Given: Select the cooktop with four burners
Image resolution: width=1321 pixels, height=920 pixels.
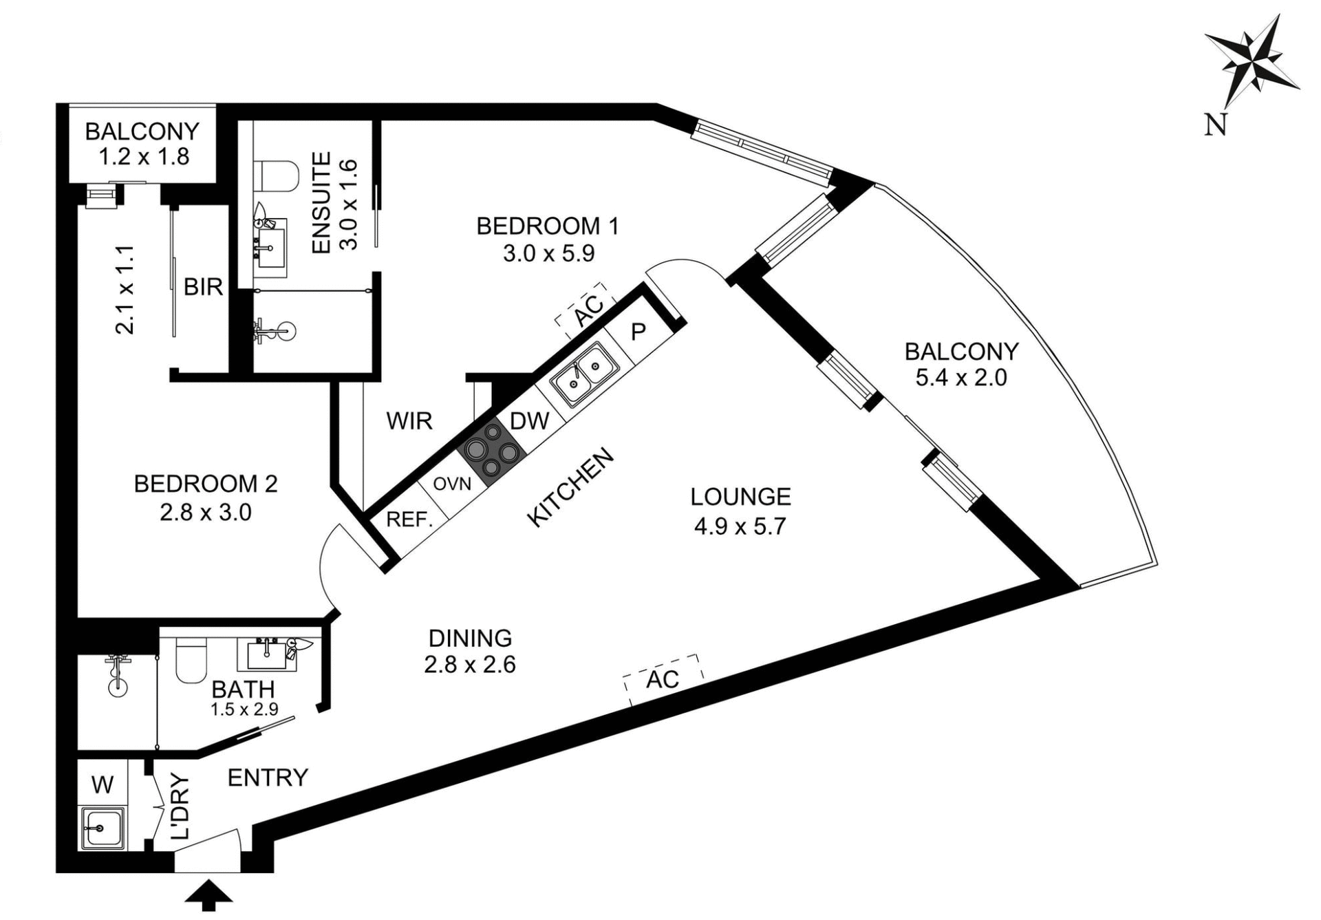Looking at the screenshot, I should coord(491,451).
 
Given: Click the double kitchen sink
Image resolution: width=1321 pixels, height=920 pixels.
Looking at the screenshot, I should coord(583,375).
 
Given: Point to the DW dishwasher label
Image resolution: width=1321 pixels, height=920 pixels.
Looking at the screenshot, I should coord(530,421).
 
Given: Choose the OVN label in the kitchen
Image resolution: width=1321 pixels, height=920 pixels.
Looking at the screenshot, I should coord(452,484).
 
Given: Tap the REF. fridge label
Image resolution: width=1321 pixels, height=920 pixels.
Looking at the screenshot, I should coord(409,519).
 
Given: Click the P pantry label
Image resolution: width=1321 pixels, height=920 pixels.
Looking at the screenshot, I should coord(638,332).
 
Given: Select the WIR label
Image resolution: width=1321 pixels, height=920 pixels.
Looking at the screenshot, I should coord(409,420).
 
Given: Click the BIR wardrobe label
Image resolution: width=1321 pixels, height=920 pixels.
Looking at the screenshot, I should coord(203,287).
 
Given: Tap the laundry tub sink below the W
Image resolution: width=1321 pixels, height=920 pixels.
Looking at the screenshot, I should coord(102,828).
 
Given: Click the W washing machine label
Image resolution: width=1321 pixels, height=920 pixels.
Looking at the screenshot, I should coord(102,784).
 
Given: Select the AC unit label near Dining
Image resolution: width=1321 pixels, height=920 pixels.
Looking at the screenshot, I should coord(663,680).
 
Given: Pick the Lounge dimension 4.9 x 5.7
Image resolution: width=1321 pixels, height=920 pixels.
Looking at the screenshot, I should coord(740,526).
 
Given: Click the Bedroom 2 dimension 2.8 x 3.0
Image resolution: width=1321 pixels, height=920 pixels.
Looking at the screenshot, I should coord(206,513).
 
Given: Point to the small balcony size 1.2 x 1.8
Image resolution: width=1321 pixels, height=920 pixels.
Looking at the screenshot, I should coord(143,157).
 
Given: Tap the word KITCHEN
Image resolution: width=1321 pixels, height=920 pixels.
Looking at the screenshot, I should coord(570,487).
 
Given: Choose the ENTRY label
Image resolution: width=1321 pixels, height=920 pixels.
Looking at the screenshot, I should coord(268,778).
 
